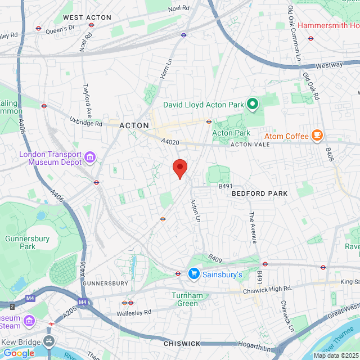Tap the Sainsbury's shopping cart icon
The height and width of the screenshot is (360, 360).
coord(194,274)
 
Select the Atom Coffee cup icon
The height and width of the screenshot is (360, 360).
coord(317,136)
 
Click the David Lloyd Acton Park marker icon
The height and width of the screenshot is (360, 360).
coord(253,104)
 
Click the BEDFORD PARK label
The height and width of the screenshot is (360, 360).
coord(259,193)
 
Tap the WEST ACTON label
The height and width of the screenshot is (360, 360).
coord(87,17)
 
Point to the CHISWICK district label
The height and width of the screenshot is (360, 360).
coord(182,343)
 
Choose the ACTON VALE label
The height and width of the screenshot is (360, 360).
coord(250,145)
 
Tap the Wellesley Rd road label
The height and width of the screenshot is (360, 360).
coord(134,312)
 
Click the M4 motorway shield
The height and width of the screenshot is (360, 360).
coord(83,302)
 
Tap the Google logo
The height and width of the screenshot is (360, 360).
coord(19,353)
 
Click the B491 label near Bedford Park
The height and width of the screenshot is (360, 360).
coord(226,186)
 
